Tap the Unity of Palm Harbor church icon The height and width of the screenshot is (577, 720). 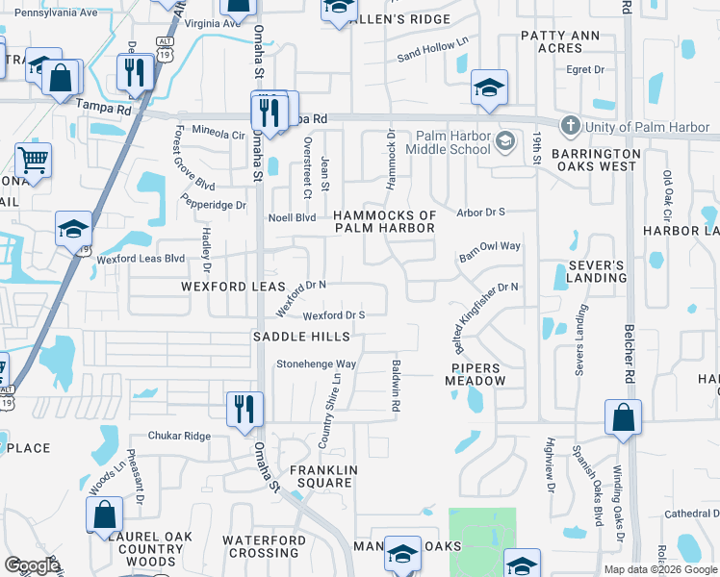[570, 127]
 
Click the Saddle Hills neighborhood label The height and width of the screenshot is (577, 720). [295, 337]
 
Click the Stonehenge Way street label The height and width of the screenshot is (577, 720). [317, 364]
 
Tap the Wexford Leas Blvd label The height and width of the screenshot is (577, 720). [141, 259]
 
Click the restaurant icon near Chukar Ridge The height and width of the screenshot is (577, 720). [241, 408]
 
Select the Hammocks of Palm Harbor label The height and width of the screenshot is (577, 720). [384, 221]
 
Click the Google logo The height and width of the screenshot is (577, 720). [33, 564]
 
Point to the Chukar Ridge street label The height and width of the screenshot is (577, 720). [184, 436]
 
